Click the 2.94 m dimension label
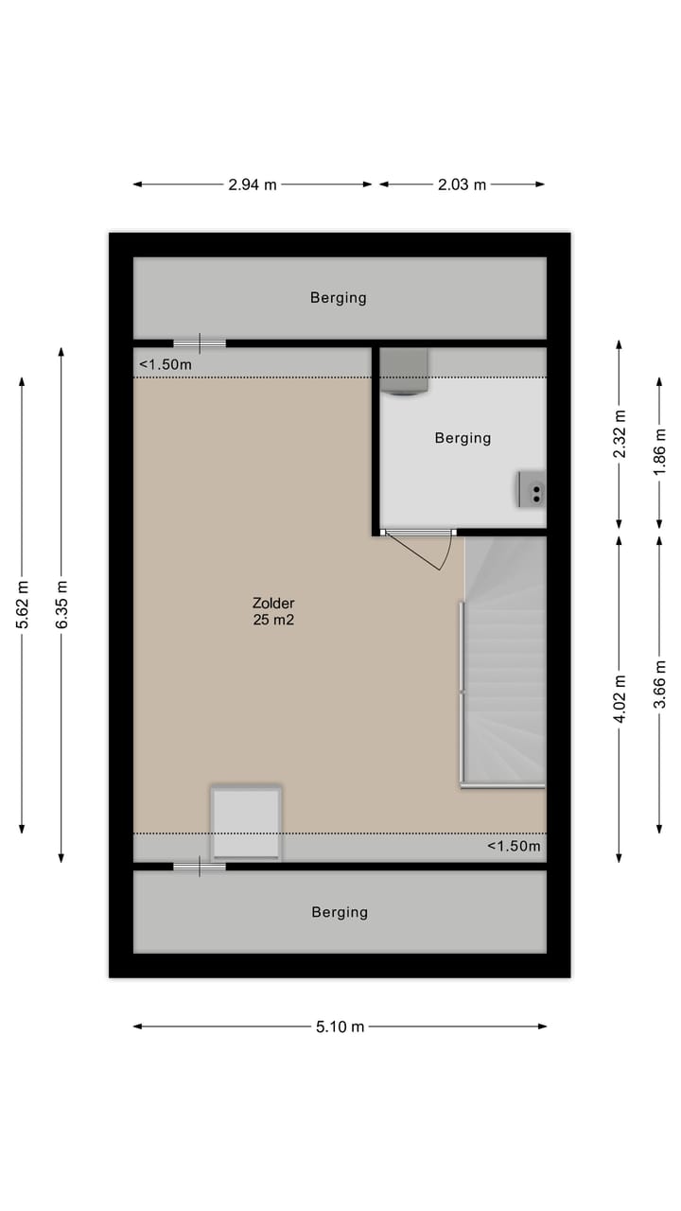click(253, 184)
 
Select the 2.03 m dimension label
click(462, 184)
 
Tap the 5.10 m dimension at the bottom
click(340, 1027)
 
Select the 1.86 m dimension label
click(659, 450)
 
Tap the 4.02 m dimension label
click(620, 699)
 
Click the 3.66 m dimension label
click(659, 683)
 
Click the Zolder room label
click(273, 603)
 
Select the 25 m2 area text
click(273, 621)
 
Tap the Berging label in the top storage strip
click(338, 298)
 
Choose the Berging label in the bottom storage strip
click(340, 913)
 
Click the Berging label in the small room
click(463, 438)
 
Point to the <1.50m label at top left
click(166, 364)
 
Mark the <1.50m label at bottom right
click(514, 846)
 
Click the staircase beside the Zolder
click(505, 662)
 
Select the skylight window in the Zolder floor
click(246, 822)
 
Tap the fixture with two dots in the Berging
click(532, 489)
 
